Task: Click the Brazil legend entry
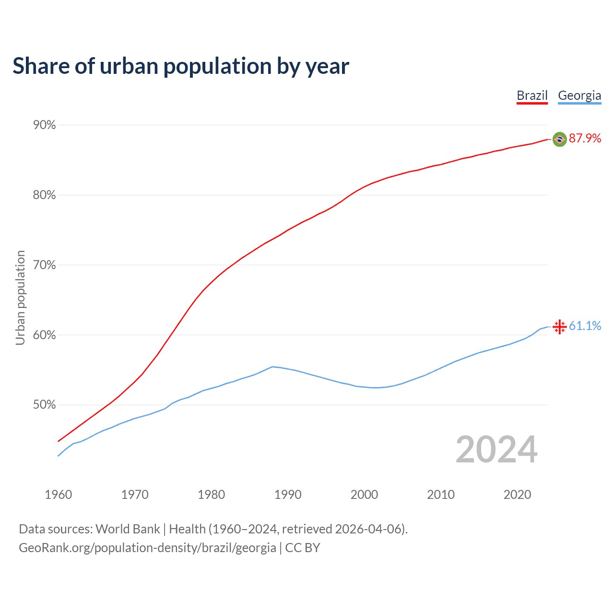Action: tap(532, 95)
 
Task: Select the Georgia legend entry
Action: tap(579, 95)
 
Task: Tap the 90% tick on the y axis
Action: tap(45, 125)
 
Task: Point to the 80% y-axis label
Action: tap(45, 195)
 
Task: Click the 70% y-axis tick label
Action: tap(45, 265)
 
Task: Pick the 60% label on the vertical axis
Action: tap(45, 335)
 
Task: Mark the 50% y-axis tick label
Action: tap(45, 405)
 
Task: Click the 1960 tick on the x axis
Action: tap(59, 495)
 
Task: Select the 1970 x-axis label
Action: tap(135, 495)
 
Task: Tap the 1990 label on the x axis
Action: tap(288, 495)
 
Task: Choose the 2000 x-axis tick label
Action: tap(364, 495)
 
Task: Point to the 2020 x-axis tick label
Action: tap(517, 495)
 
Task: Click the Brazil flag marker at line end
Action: tap(559, 139)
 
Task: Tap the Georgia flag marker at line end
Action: tap(559, 327)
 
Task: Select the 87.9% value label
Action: tap(585, 139)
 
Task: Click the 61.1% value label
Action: tap(585, 326)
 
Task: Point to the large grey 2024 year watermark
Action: tap(496, 449)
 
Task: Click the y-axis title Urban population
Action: tap(20, 297)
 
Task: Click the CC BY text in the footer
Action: tap(303, 548)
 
